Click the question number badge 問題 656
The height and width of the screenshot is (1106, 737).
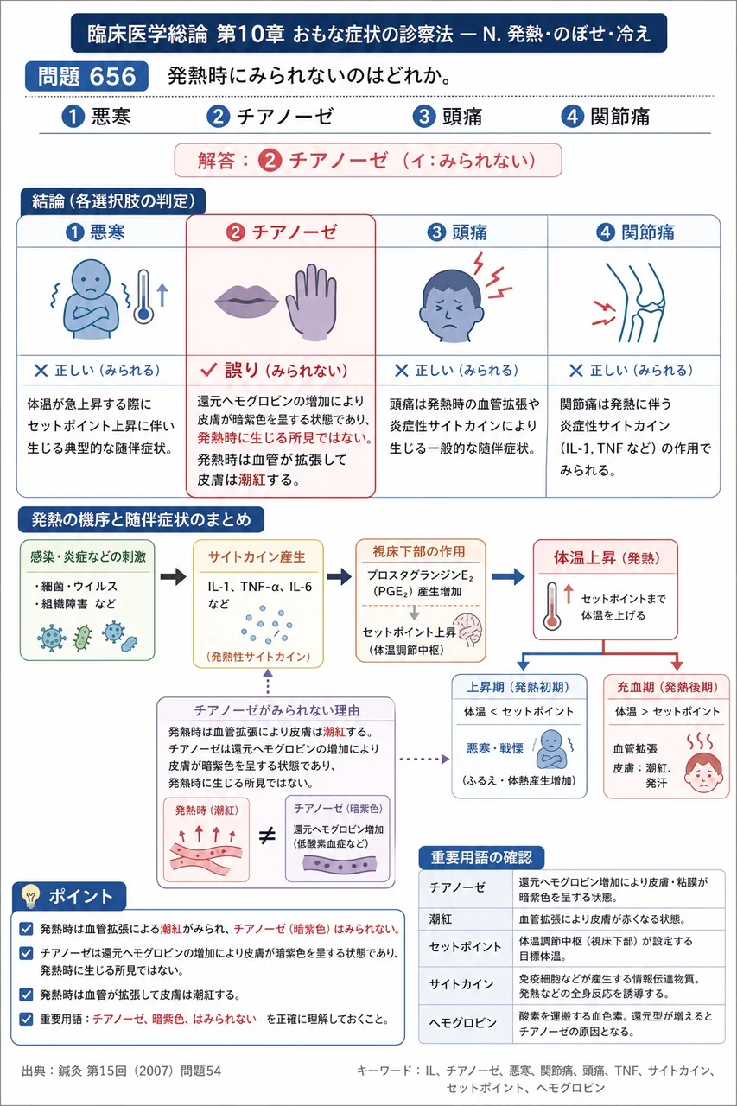(86, 77)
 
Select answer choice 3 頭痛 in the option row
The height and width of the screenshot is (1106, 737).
(448, 117)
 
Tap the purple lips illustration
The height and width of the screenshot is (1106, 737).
(247, 301)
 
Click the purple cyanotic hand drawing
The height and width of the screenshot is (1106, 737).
(312, 302)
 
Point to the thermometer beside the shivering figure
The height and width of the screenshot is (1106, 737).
(143, 296)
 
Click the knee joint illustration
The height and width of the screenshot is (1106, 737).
(635, 302)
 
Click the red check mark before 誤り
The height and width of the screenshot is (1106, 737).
(209, 370)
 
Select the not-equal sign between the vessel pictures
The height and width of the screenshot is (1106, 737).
(267, 836)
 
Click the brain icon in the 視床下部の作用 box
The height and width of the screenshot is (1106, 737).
(468, 630)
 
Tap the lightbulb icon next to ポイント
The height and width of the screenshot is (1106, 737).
(30, 895)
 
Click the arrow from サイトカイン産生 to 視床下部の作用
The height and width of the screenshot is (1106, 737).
(340, 576)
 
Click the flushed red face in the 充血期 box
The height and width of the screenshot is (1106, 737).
(703, 772)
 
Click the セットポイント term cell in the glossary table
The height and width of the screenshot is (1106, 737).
(465, 947)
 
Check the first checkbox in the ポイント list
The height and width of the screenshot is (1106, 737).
(26, 929)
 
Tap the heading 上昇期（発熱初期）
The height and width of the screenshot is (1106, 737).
(518, 687)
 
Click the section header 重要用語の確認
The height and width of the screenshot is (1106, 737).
(481, 857)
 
